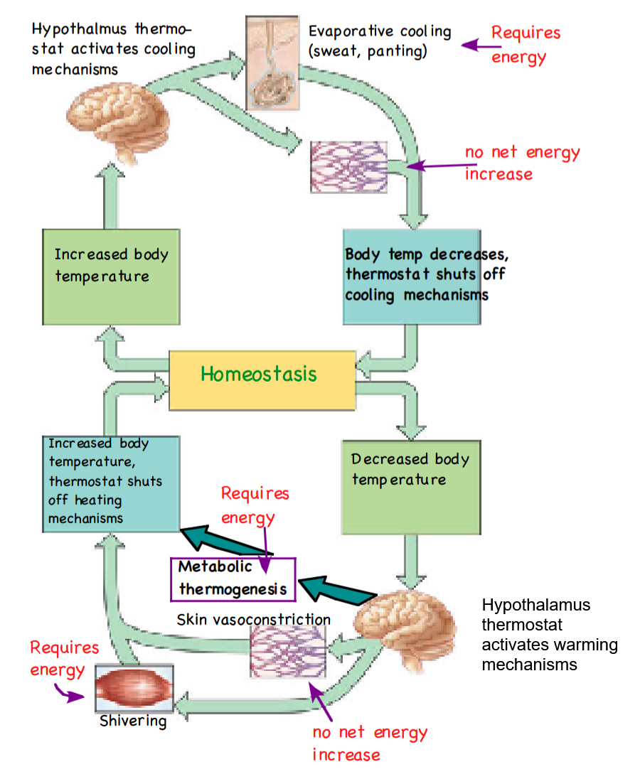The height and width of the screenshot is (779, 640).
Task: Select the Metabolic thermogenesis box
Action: pos(233,579)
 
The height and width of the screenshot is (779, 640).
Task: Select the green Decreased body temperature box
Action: pos(410,486)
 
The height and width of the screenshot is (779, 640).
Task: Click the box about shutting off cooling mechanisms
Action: pos(411,276)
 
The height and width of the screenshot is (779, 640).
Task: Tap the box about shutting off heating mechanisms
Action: pos(110,483)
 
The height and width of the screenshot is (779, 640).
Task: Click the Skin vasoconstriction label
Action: pos(253,620)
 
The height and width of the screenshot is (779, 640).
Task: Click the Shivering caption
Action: pos(133,721)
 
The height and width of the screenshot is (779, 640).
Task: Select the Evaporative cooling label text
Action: pos(379,42)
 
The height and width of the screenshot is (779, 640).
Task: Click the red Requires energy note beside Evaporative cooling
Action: pos(525,45)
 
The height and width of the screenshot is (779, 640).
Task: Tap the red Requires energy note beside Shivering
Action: pos(64,659)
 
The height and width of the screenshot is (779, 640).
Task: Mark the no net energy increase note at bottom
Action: pos(369,743)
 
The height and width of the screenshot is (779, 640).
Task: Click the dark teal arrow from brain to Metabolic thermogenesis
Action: pos(334,589)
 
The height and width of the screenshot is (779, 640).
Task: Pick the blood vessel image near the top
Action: pos(349,166)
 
